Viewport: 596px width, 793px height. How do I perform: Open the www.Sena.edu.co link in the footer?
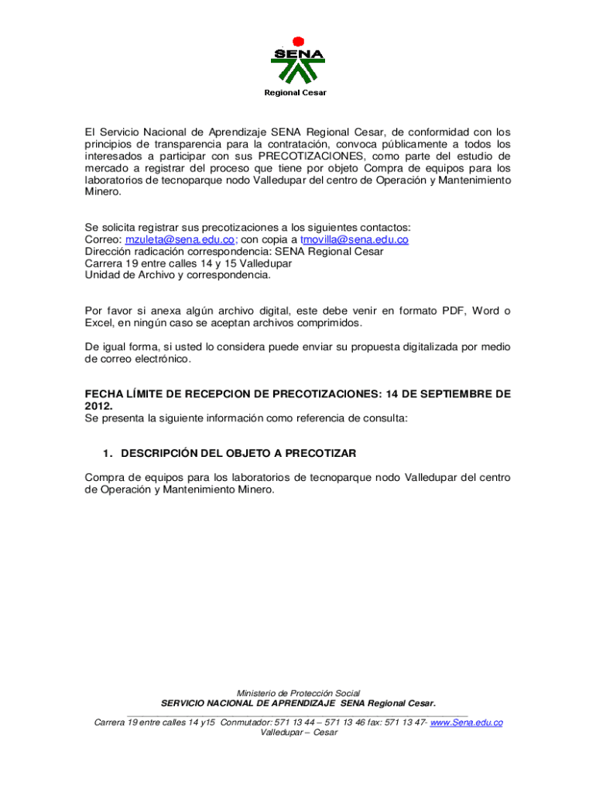[466, 723]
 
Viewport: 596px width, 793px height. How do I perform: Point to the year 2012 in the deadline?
[98, 406]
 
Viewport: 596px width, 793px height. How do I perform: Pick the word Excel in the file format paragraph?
[100, 323]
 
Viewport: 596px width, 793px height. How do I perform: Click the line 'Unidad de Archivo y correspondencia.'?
[177, 275]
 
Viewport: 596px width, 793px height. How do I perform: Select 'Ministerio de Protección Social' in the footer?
[298, 693]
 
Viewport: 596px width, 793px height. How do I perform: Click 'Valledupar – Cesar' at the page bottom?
[299, 733]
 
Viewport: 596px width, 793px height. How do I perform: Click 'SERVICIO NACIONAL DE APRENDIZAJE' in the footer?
[248, 703]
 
